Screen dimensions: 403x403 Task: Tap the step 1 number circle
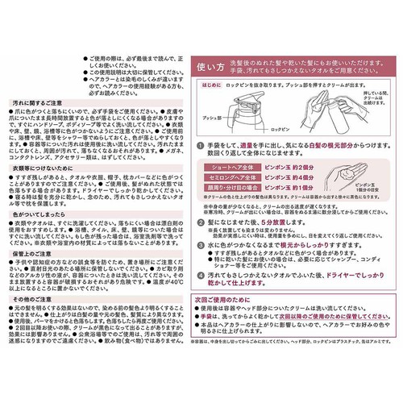click(x=211, y=141)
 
